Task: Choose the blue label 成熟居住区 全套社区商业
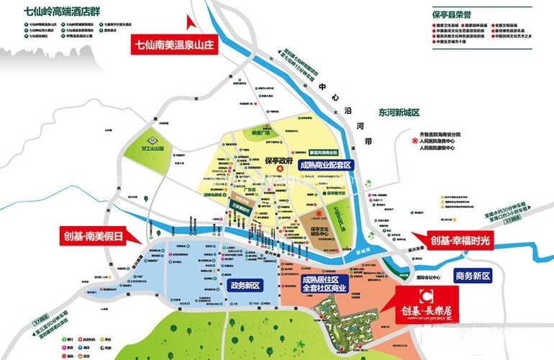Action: point(324,283)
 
